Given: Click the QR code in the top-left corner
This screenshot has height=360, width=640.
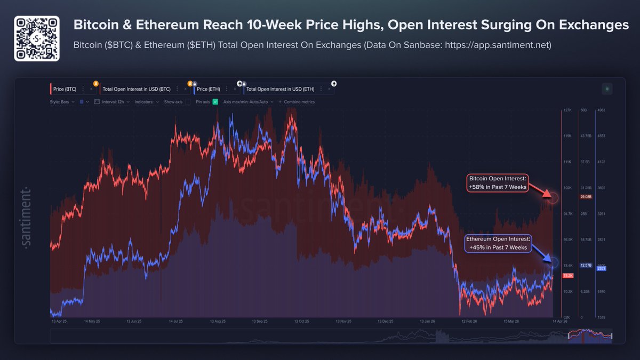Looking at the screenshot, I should click(36, 38).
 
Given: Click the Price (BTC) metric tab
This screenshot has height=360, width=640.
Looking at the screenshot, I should click(66, 89).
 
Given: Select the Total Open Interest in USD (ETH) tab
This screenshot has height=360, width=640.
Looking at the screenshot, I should click(281, 89).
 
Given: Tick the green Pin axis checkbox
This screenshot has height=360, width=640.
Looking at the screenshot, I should click(215, 102).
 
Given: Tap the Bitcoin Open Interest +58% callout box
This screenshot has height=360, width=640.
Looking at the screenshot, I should click(497, 183).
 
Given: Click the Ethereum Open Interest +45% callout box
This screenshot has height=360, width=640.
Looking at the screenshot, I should click(497, 243).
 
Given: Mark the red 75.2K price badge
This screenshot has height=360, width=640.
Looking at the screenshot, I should click(568, 275).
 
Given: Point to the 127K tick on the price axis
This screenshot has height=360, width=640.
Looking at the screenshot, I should click(567, 110).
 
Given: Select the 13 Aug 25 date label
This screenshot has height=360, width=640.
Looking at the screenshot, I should click(218, 322).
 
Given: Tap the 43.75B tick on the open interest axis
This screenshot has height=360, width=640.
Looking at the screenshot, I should click(586, 136).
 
